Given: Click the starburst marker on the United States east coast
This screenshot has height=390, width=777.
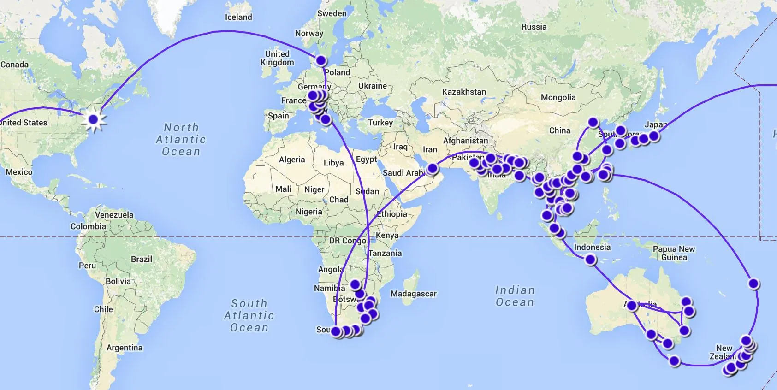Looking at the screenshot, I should point(94,120).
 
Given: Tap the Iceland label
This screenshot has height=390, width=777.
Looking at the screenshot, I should point(238,17).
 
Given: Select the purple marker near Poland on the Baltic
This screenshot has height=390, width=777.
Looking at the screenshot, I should point(320,60).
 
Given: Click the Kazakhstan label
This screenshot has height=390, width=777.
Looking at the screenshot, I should point(464,92).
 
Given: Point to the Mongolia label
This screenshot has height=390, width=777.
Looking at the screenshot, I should point(558,97).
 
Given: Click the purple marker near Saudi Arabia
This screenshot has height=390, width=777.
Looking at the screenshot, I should point(432,169).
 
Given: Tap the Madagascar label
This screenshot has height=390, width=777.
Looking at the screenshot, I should point(413,294).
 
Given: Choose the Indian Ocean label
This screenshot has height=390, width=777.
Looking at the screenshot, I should point(515,296).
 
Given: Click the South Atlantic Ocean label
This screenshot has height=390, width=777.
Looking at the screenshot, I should point(249,315).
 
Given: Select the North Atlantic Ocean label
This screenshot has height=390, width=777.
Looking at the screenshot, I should point(181,139).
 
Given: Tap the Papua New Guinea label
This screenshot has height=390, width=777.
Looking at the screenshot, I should point(674,253).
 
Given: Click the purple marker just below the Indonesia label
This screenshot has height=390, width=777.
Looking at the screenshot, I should point(590,260).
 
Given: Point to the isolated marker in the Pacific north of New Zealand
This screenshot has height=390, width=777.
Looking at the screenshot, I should point(753,284).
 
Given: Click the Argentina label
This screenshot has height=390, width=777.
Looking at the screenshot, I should point(125,348).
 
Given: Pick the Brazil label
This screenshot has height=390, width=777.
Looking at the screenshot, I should point(141,259).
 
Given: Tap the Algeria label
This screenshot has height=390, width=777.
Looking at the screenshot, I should point(292,160).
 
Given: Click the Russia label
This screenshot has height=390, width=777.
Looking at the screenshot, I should point(534,27).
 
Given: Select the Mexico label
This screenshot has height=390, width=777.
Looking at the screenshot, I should point(19,172).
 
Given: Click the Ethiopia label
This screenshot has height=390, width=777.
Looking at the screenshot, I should point(392,214).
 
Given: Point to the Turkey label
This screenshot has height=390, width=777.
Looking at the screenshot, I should point(380,123).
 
